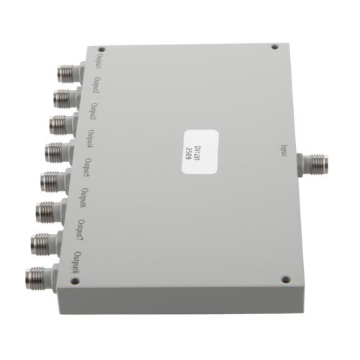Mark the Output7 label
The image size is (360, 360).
pyautogui.click(x=81, y=230)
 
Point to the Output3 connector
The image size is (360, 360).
pyautogui.click(x=60, y=124)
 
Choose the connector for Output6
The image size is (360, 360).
pyautogui.click(x=48, y=211)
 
